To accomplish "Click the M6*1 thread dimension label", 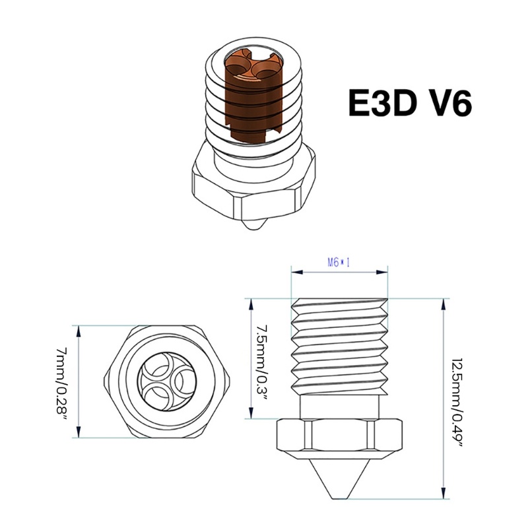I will [x=339, y=261].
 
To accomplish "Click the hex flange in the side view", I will [x=339, y=438].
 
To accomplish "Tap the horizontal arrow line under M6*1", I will [x=339, y=271].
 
